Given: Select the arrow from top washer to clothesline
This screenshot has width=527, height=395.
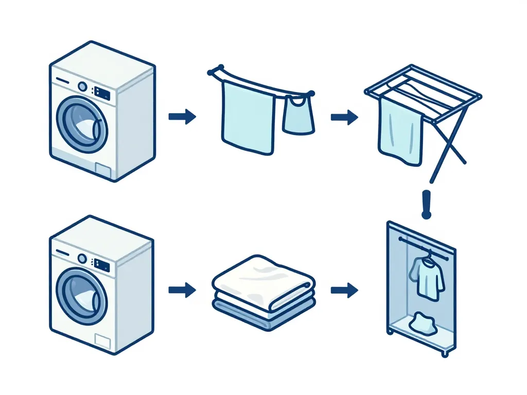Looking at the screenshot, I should pyautogui.click(x=182, y=117).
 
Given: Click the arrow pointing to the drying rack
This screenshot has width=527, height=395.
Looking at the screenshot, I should pyautogui.click(x=344, y=117).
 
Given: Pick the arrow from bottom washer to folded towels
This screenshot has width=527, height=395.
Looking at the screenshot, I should pyautogui.click(x=182, y=290).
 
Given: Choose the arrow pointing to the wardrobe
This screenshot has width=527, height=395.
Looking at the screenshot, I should pyautogui.click(x=344, y=291).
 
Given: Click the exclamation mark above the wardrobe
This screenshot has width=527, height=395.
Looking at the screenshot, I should pyautogui.click(x=425, y=204).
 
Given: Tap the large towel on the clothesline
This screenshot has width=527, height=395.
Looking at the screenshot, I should pyautogui.click(x=248, y=117).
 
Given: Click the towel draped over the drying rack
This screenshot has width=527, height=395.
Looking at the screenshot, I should pyautogui.click(x=400, y=133).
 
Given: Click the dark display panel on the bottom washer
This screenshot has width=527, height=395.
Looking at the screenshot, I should pyautogui.click(x=102, y=265).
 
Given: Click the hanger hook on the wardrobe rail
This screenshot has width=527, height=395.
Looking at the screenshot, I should pyautogui.click(x=426, y=252).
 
